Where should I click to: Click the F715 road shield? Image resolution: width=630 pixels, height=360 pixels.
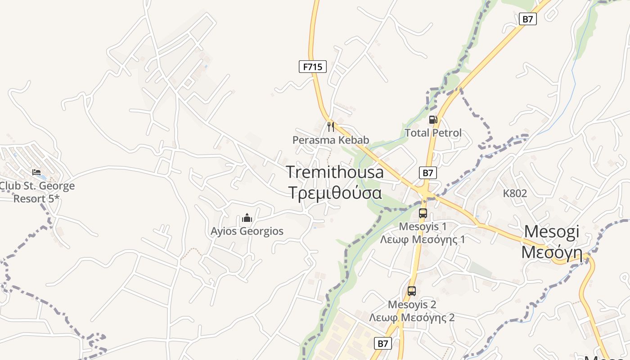click(x=312, y=67)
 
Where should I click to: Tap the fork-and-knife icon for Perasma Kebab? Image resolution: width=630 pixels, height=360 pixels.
click(x=331, y=126)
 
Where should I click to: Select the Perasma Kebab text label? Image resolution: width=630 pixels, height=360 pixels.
click(x=331, y=140)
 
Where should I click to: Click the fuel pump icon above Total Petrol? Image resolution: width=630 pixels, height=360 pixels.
click(x=433, y=119)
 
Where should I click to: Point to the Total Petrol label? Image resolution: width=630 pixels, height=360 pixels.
click(x=433, y=133)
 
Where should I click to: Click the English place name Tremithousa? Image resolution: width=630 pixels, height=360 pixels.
click(x=335, y=172)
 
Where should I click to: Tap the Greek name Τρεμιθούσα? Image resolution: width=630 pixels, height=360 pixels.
click(x=335, y=192)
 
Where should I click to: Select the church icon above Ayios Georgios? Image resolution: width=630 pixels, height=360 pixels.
click(x=247, y=218)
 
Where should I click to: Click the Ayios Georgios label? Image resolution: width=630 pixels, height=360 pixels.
click(x=247, y=231)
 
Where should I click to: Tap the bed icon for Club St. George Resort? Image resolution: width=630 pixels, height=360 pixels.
click(x=36, y=172)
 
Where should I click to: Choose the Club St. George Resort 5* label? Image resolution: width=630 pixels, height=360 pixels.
click(x=37, y=192)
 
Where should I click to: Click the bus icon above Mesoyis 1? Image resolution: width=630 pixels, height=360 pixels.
click(x=423, y=213)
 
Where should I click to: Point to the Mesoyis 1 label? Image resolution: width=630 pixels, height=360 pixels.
click(x=423, y=226)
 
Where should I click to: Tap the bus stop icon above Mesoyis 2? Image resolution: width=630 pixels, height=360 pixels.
click(x=412, y=291)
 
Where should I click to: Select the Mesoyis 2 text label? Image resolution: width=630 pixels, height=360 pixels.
click(x=412, y=305)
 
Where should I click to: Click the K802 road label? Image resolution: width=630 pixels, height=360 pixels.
click(x=515, y=193)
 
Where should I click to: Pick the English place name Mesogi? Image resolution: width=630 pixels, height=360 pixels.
click(x=552, y=231)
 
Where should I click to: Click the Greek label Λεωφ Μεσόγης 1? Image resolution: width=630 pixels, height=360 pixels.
click(x=423, y=239)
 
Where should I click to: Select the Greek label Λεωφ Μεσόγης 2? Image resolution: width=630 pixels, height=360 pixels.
click(x=412, y=318)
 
